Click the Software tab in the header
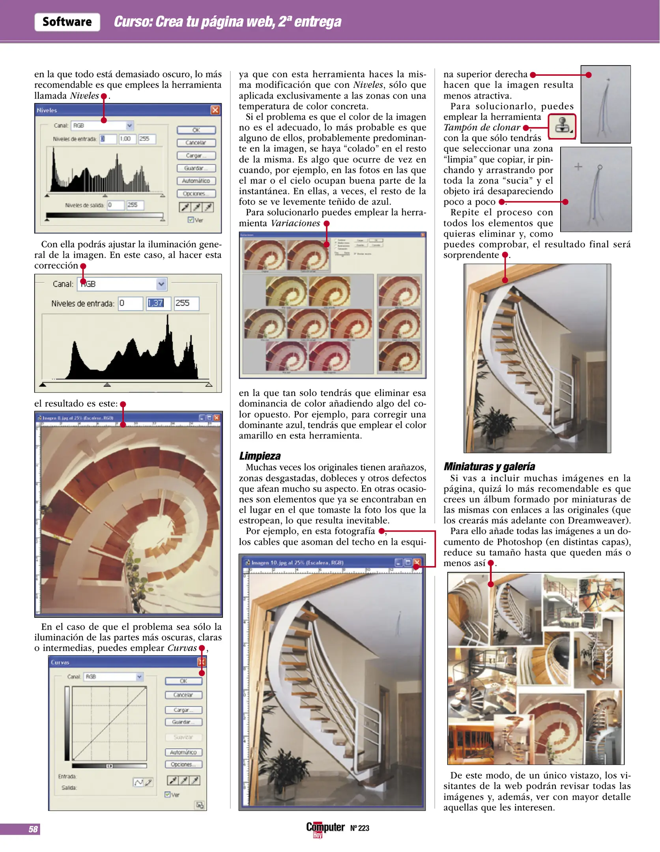pos(67,22)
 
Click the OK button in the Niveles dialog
pos(196,130)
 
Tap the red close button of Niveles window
pos(215,110)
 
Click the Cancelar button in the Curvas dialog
pos(183,695)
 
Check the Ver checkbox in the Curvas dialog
pos(168,794)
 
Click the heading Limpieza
pos(260,456)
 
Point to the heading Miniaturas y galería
pos(489,467)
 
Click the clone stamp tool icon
pos(562,126)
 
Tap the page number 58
pos(33,829)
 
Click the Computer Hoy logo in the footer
pos(325,828)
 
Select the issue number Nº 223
pos(359,828)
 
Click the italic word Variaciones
pos(295,223)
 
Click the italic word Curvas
pos(182,648)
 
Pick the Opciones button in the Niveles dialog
pos(196,194)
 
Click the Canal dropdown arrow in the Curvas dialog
pos(139,677)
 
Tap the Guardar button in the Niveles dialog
pos(196,168)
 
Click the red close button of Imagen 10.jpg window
pos(417,562)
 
